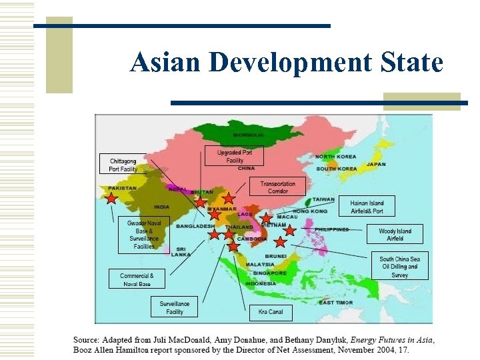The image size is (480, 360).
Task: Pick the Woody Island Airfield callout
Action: tap(395, 234)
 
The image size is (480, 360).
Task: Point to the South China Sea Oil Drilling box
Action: tap(400, 267)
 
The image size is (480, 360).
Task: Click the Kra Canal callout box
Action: tap(271, 311)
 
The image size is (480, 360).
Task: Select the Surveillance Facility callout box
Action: tap(175, 307)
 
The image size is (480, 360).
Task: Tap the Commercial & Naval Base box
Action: tap(137, 279)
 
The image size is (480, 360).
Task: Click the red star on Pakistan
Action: tap(111, 198)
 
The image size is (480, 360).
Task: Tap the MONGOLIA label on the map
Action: tap(248, 135)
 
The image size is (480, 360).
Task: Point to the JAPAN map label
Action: tap(376, 164)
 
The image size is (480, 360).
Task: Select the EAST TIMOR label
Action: tap(336, 303)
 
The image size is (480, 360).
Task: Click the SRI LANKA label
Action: tap(181, 251)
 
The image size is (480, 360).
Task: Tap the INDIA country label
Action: tap(161, 207)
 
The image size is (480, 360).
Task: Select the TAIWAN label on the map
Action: tap(323, 199)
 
